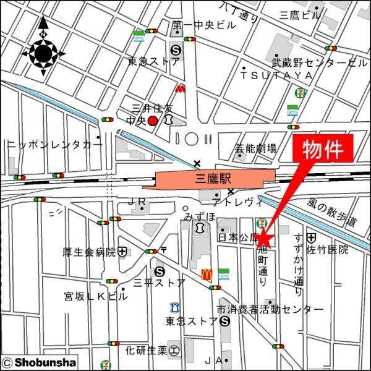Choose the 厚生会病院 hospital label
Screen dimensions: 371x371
point(90,252)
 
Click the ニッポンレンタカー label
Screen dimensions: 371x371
point(54,144)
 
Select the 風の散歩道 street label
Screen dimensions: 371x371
point(332,212)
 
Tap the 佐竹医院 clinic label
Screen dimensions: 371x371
point(328,250)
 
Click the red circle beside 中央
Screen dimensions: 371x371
point(152,121)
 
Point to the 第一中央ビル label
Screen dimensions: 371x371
point(204,25)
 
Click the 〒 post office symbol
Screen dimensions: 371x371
point(164,250)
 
